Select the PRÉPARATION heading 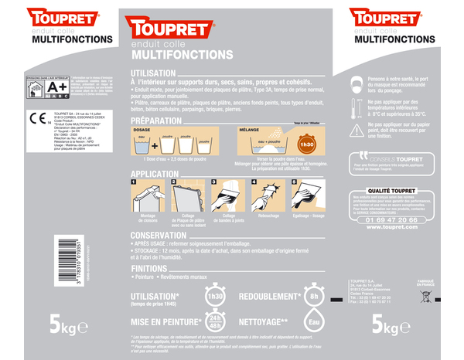157,121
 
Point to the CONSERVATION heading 159,235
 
